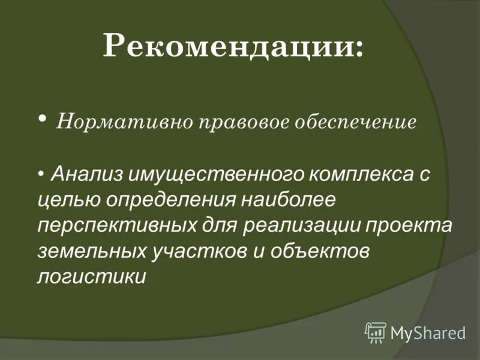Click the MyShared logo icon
click(376, 332)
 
